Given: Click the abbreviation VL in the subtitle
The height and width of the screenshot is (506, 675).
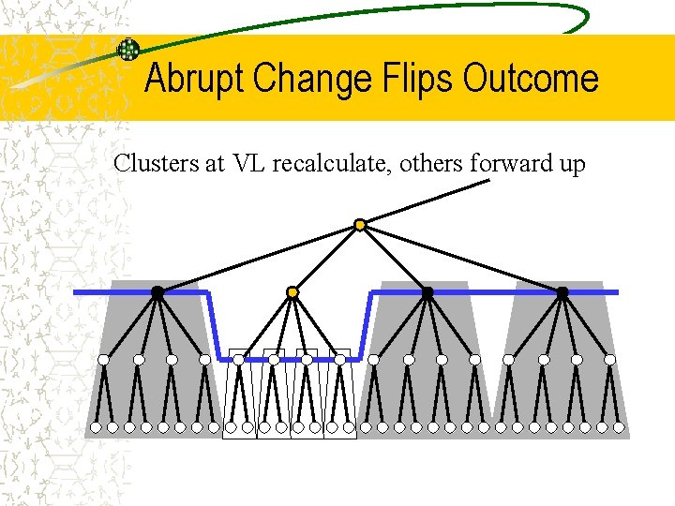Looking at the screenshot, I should click(250, 164).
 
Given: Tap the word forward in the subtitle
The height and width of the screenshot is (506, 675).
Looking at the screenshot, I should click(507, 164).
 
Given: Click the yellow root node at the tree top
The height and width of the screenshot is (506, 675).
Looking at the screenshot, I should click(360, 225).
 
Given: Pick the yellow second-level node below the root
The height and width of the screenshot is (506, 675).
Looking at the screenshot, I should click(292, 292).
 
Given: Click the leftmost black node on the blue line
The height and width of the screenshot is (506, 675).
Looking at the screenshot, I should click(157, 292).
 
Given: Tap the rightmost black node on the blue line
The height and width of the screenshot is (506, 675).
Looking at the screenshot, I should click(562, 292).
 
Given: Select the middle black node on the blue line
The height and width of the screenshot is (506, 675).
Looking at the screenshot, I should click(427, 292).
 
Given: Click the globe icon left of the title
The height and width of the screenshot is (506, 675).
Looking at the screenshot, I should click(127, 50).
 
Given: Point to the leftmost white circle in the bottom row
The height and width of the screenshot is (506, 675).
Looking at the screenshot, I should click(95, 427).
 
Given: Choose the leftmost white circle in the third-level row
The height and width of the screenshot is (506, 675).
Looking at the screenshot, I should click(104, 359).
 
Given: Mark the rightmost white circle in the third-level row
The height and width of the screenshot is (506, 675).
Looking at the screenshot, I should click(610, 359).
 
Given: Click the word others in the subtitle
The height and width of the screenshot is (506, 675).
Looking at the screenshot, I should click(432, 164).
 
